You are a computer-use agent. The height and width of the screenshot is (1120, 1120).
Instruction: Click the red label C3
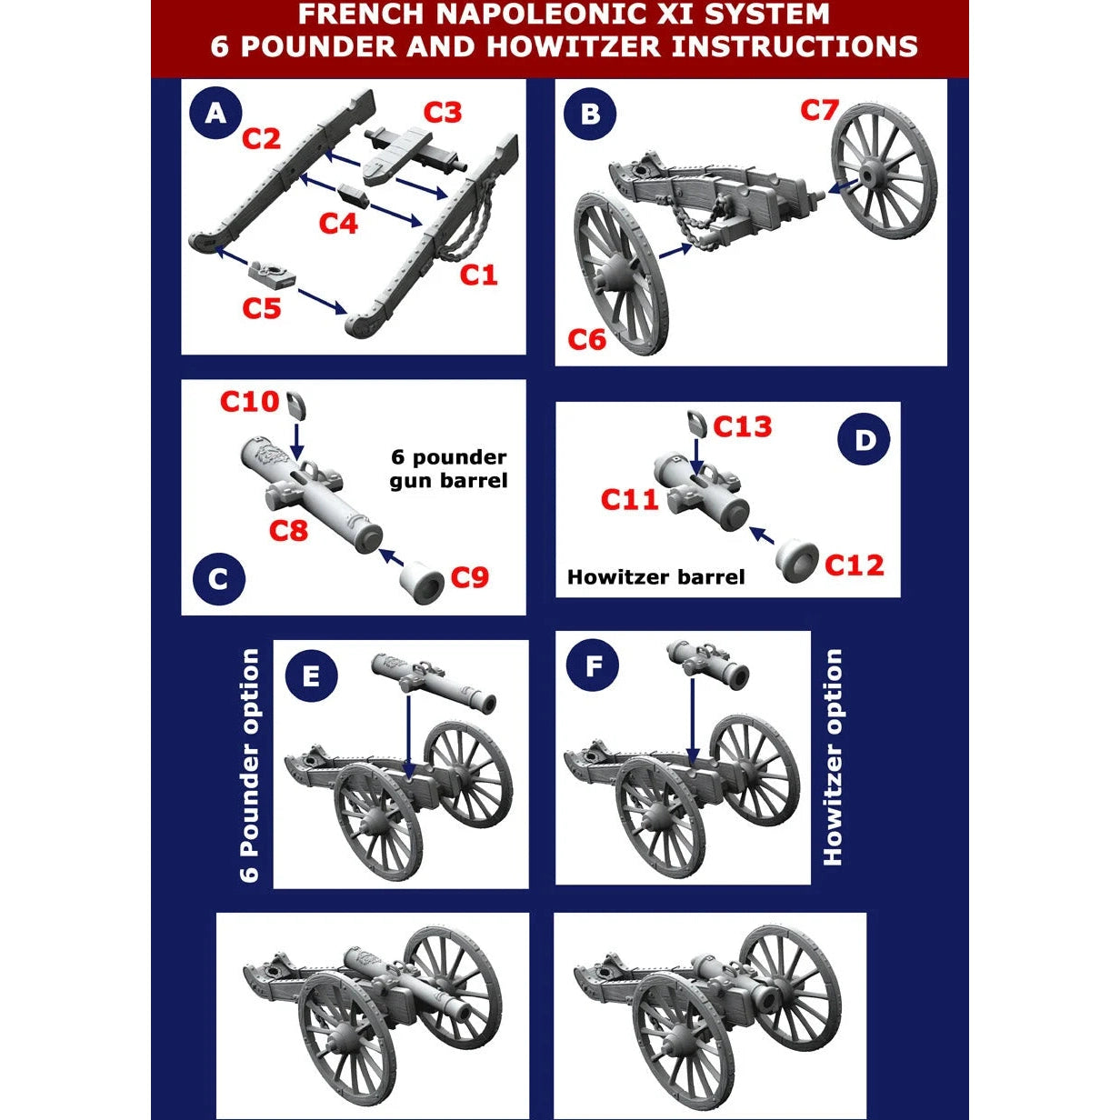click(443, 112)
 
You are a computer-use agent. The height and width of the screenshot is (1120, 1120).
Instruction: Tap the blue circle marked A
click(215, 114)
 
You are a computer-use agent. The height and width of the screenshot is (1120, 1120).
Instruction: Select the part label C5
click(262, 308)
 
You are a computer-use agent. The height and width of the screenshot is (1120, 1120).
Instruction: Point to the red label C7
click(819, 110)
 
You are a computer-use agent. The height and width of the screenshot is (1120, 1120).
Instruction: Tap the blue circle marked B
click(589, 114)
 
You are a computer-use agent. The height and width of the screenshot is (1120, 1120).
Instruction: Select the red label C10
click(249, 401)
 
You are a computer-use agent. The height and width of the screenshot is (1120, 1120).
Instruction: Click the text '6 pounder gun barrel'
click(448, 468)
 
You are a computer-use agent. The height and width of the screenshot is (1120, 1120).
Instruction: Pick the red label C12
click(854, 565)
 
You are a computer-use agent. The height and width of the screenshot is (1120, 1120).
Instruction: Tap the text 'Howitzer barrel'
click(655, 577)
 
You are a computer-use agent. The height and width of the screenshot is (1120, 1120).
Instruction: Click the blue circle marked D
click(864, 440)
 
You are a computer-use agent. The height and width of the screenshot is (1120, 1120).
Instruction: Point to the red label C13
click(742, 426)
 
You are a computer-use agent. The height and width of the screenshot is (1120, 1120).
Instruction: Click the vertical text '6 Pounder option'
click(250, 765)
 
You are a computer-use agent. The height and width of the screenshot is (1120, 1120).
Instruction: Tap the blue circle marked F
click(593, 666)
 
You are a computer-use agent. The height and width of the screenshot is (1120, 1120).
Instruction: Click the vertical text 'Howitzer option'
click(833, 756)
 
